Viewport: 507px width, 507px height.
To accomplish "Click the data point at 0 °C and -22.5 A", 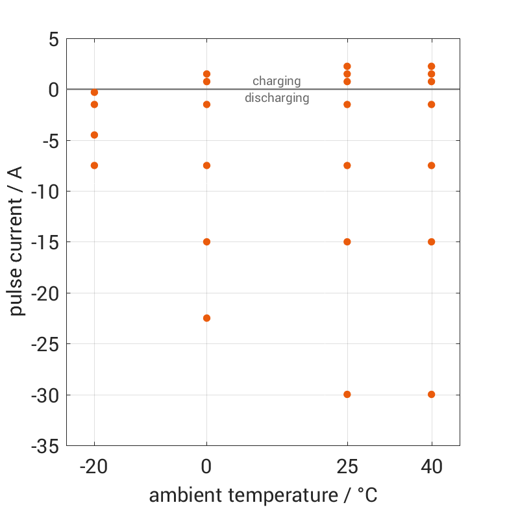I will click(x=206, y=318).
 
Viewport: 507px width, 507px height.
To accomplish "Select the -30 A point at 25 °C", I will click(x=347, y=394).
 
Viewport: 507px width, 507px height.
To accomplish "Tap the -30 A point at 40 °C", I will click(x=432, y=394).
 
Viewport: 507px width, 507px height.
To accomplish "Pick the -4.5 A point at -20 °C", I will click(x=94, y=135).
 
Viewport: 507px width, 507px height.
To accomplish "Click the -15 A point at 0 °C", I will click(x=206, y=241).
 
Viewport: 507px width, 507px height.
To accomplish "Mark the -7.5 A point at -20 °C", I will click(x=94, y=166).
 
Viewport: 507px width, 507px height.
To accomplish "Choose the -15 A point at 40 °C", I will click(x=432, y=241).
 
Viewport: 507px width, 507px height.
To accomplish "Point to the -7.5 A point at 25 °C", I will click(x=347, y=166).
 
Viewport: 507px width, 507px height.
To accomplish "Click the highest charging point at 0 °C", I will click(x=206, y=74).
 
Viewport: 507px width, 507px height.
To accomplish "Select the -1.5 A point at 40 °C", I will click(x=432, y=105).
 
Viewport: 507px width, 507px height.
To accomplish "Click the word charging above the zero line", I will click(x=277, y=81).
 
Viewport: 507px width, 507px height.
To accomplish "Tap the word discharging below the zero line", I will click(x=277, y=99).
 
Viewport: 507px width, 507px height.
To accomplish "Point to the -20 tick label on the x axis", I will click(x=94, y=465).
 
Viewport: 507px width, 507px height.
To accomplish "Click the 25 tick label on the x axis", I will click(x=347, y=465).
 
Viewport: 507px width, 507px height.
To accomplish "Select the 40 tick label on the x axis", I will click(x=432, y=465).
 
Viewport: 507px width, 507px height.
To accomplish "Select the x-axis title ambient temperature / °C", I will click(x=263, y=495).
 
